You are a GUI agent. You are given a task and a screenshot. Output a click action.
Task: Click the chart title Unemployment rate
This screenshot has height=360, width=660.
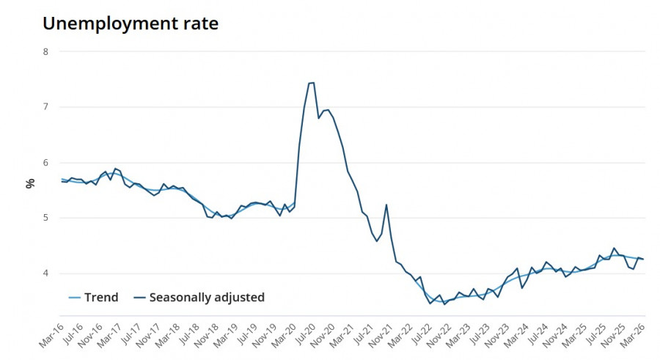point(131,23)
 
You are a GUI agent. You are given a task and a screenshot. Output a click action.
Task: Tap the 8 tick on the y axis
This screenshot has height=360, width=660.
point(45,52)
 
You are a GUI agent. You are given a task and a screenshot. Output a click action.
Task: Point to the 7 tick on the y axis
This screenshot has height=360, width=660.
point(45,107)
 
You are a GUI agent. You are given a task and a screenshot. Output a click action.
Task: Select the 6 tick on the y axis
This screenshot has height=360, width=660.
point(45,163)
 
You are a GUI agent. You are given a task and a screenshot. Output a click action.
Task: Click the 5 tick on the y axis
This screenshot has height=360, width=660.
point(45,218)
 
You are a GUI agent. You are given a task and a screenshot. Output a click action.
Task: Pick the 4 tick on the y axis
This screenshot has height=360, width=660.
point(45,273)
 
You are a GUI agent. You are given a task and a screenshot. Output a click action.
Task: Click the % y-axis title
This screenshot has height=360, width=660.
point(30,183)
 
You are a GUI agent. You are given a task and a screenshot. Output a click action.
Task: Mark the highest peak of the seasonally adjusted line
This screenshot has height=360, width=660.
point(312,83)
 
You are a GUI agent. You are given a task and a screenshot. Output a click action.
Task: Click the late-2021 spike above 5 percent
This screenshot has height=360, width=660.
point(386,205)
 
